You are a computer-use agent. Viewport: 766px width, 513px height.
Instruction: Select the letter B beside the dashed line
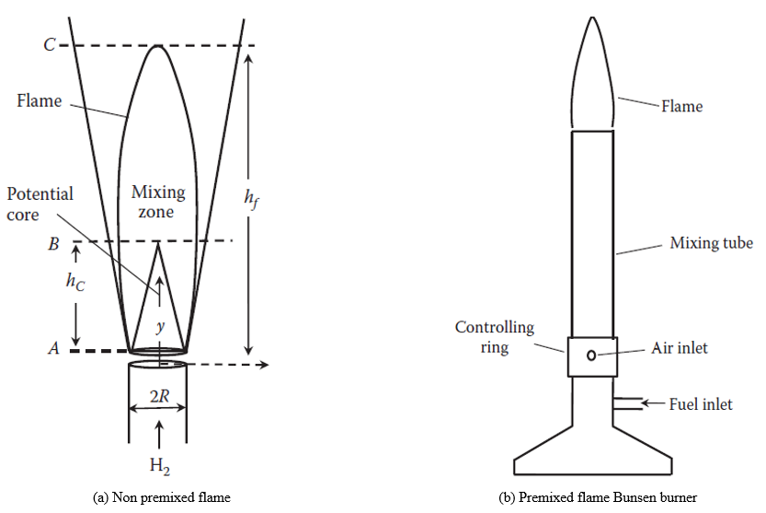coord(53,246)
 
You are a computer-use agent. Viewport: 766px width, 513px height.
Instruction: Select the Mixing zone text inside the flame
coord(158,202)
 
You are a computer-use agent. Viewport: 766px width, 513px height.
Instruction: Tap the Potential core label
coord(40,204)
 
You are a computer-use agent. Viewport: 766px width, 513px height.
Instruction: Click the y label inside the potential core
coord(161,326)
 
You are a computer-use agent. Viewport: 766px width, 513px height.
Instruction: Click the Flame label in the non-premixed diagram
coord(39,100)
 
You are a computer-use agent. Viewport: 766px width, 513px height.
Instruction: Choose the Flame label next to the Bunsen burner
coord(681,107)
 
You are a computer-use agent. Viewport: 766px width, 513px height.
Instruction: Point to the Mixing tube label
coord(711,243)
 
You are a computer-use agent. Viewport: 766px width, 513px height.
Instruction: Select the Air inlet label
coord(680,348)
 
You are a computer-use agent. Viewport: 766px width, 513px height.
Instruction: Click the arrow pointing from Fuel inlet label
coord(651,403)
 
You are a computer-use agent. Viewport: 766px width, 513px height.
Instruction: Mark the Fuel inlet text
coord(700,404)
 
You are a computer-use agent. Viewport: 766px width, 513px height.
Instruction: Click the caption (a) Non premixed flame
coord(162,498)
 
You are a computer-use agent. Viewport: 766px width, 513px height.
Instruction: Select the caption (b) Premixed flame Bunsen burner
coord(598,498)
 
